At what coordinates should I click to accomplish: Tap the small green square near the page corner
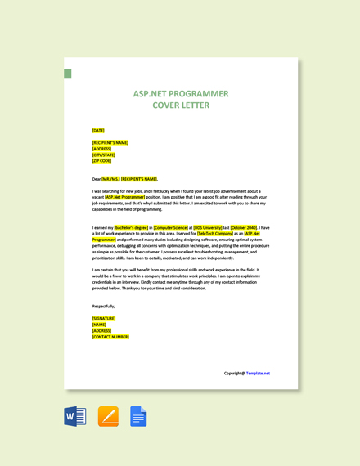pos(68,74)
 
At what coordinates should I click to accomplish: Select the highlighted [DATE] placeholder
pos(98,130)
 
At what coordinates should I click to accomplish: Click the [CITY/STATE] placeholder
pos(104,155)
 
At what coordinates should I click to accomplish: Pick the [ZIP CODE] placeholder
pos(102,161)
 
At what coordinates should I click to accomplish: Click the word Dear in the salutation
pos(97,178)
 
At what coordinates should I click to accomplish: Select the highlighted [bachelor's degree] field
pos(132,227)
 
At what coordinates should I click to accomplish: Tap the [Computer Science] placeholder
pos(171,227)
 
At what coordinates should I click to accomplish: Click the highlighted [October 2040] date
pos(244,227)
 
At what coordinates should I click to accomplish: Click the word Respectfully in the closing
pos(104,306)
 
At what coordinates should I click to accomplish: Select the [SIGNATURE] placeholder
pos(104,318)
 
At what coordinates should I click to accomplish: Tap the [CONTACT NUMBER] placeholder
pos(110,337)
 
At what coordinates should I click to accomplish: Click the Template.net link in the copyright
pos(258,373)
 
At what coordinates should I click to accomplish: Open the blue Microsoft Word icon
pos(75,416)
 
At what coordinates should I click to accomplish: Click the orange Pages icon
pos(108,416)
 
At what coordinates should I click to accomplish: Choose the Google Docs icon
pos(138,416)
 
